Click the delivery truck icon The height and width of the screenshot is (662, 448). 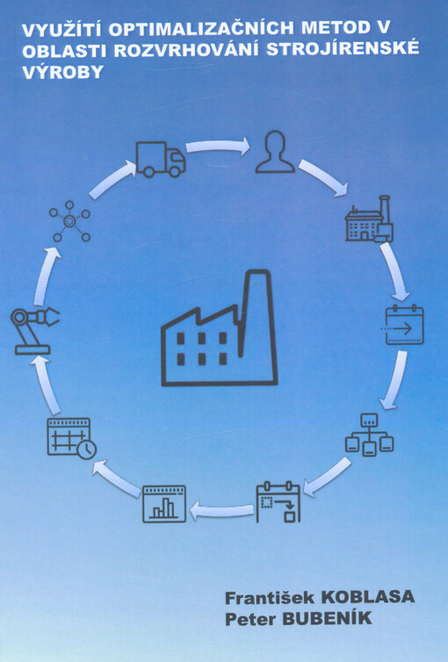[161, 159]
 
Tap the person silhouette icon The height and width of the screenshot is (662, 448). [275, 152]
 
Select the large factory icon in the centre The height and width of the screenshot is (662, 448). [219, 328]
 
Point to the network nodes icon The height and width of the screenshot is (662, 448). [69, 221]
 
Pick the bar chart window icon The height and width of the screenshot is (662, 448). [164, 504]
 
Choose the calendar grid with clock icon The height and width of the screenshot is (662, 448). [71, 438]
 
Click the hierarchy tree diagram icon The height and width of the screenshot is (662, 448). [370, 435]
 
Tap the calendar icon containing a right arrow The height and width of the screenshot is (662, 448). [404, 325]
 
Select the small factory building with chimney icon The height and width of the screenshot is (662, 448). [370, 219]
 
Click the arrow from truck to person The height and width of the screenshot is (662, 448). [218, 147]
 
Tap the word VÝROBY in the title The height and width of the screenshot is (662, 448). [62, 72]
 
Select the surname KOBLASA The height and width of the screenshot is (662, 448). [368, 597]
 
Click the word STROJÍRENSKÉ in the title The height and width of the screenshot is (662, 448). [343, 47]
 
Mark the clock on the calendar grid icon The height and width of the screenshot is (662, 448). [87, 450]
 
